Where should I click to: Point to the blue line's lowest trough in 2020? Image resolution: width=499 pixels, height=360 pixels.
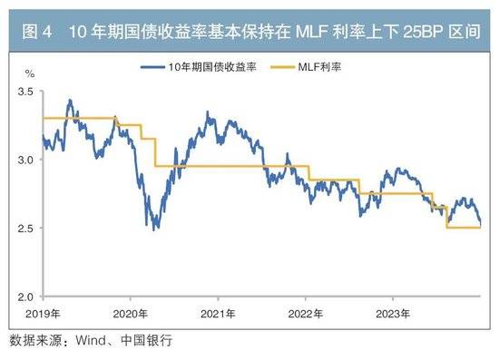(x=155, y=229)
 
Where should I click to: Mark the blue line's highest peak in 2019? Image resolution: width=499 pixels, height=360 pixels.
(x=69, y=100)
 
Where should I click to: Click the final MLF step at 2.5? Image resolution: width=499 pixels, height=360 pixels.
(x=464, y=228)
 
